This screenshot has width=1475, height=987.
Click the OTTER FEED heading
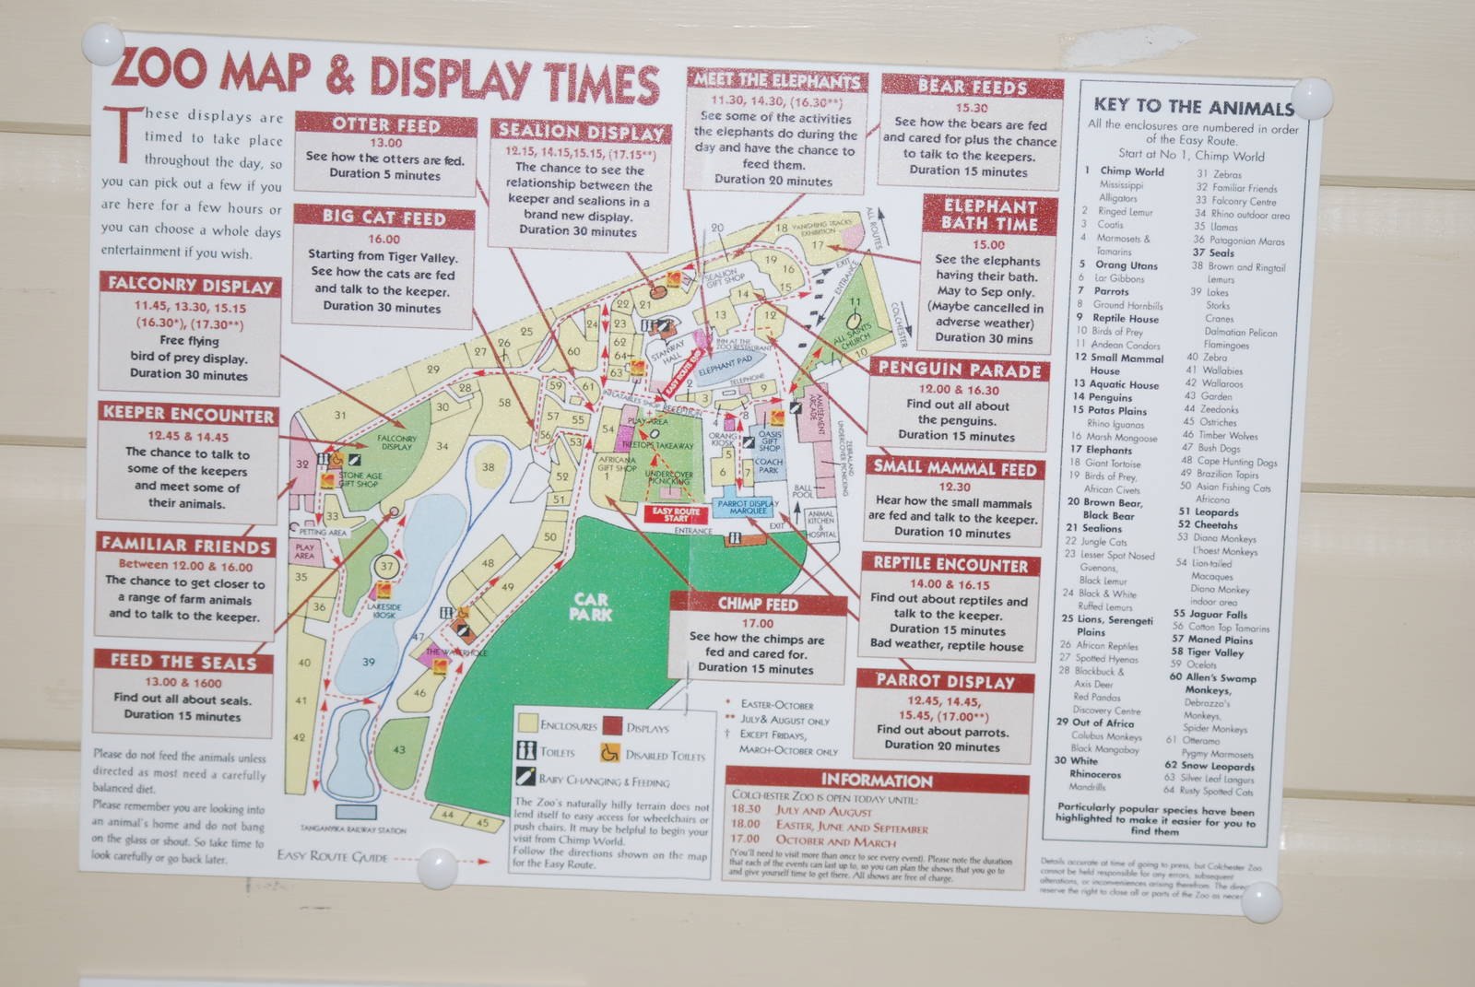[x=386, y=123]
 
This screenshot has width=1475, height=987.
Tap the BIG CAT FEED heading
[x=384, y=217]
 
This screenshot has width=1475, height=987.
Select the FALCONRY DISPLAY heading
[x=190, y=284]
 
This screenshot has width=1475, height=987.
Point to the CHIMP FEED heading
[x=757, y=604]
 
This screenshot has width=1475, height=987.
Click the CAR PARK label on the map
[x=590, y=605]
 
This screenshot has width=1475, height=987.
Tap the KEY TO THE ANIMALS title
[x=1193, y=106]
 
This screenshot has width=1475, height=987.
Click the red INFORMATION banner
[x=876, y=780]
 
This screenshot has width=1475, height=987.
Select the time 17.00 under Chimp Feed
[x=757, y=623]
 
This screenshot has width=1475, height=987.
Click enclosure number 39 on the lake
[x=369, y=662]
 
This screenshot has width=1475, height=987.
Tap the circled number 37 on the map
[x=386, y=566]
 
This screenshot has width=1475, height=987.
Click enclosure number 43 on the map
[x=398, y=749]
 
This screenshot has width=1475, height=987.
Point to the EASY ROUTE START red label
[x=676, y=514]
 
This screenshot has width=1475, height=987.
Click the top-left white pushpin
[x=101, y=44]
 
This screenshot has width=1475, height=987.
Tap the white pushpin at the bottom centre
[x=437, y=867]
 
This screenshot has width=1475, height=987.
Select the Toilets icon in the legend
[x=526, y=750]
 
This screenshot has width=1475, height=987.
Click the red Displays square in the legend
[x=612, y=726]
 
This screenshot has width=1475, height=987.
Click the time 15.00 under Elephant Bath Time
[x=988, y=244]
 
